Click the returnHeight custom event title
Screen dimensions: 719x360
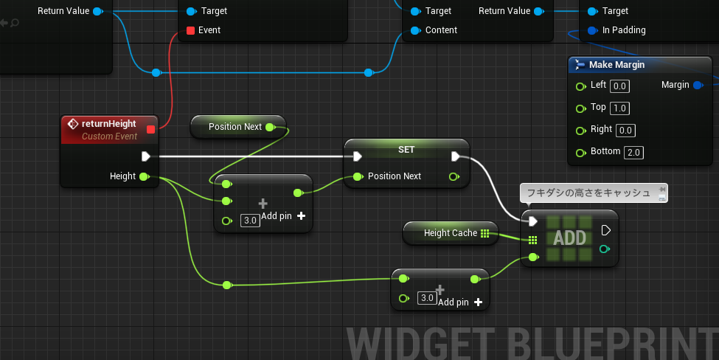pyautogui.click(x=108, y=124)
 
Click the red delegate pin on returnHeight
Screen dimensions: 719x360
pyautogui.click(x=150, y=129)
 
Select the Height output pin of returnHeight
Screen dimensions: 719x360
pyautogui.click(x=145, y=176)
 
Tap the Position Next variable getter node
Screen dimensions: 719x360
pyautogui.click(x=238, y=127)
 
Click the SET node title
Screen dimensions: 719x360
pyautogui.click(x=406, y=150)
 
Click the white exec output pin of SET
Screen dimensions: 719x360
pyautogui.click(x=455, y=156)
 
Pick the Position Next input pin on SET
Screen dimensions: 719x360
pyautogui.click(x=358, y=176)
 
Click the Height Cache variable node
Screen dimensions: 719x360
pyautogui.click(x=451, y=233)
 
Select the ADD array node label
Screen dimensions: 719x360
pyautogui.click(x=569, y=238)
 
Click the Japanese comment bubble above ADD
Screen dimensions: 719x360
pyautogui.click(x=594, y=193)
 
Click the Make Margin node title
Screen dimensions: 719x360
pyautogui.click(x=616, y=65)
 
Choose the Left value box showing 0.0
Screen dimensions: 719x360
pyautogui.click(x=619, y=86)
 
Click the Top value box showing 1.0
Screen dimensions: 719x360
pyautogui.click(x=619, y=108)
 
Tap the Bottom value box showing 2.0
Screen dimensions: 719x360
pyautogui.click(x=633, y=152)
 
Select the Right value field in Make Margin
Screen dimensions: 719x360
pyautogui.click(x=625, y=131)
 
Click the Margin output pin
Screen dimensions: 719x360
pyautogui.click(x=698, y=85)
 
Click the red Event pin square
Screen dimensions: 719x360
pyautogui.click(x=191, y=31)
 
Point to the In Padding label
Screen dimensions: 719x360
pyautogui.click(x=624, y=30)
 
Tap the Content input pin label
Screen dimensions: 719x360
pyautogui.click(x=441, y=30)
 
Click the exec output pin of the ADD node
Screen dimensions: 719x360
pyautogui.click(x=605, y=230)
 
